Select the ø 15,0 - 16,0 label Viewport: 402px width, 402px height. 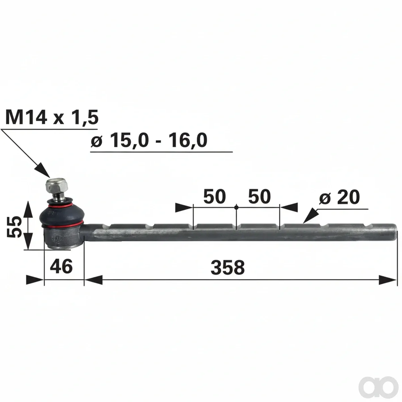149,140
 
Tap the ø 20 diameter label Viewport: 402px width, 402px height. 339,197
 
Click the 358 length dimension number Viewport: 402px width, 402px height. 227,267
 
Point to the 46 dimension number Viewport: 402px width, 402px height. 61,266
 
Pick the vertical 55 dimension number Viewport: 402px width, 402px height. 14,227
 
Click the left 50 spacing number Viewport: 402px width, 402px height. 214,197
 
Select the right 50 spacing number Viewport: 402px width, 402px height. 260,197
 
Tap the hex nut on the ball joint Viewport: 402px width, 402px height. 57,186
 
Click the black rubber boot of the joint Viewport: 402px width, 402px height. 62,213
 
